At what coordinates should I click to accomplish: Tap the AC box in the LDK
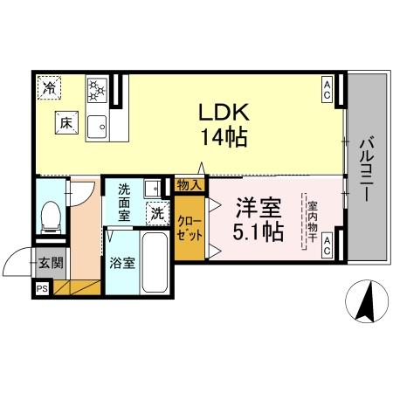(327, 89)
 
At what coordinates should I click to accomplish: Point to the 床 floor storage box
(66, 124)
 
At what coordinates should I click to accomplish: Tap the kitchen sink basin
(97, 125)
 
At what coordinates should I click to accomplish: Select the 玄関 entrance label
(49, 262)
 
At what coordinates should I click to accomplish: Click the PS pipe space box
(42, 288)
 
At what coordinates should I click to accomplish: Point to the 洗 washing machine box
(157, 212)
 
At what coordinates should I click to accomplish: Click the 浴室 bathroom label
(122, 263)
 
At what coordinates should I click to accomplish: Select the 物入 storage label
(190, 184)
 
